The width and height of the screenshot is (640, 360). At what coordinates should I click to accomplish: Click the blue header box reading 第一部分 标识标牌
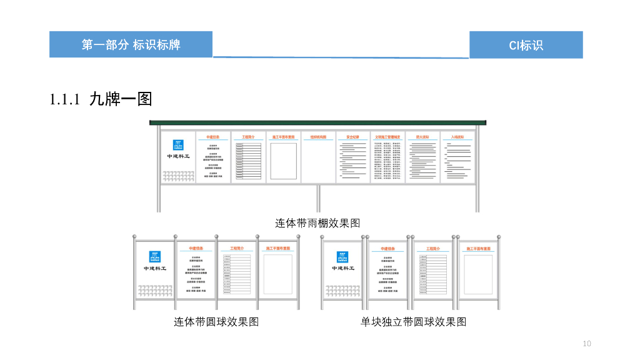131,44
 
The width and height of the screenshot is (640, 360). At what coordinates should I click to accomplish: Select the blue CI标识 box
526,45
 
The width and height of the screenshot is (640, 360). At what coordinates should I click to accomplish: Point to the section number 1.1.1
66,99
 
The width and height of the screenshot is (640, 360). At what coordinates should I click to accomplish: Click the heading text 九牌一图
121,99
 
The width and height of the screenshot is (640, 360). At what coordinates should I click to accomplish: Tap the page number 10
586,343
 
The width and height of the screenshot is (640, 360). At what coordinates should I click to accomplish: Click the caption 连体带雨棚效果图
317,223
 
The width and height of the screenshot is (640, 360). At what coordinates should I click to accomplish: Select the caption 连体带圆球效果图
216,322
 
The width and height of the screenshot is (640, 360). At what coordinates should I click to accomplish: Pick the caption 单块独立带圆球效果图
413,322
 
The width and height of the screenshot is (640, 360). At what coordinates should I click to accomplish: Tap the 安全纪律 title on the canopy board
352,136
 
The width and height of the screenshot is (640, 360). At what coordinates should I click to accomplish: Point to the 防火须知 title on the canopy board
422,136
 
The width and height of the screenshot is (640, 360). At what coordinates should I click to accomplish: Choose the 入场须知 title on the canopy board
457,136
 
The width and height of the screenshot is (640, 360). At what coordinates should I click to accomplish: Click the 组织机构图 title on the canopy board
318,136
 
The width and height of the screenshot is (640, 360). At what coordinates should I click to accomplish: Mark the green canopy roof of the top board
317,122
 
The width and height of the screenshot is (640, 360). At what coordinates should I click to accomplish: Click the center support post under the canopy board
318,198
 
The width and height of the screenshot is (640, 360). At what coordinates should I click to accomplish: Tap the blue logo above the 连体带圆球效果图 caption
155,256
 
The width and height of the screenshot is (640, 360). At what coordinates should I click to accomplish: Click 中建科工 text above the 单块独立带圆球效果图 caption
343,268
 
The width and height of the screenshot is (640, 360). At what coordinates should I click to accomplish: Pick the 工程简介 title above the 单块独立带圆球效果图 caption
433,248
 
